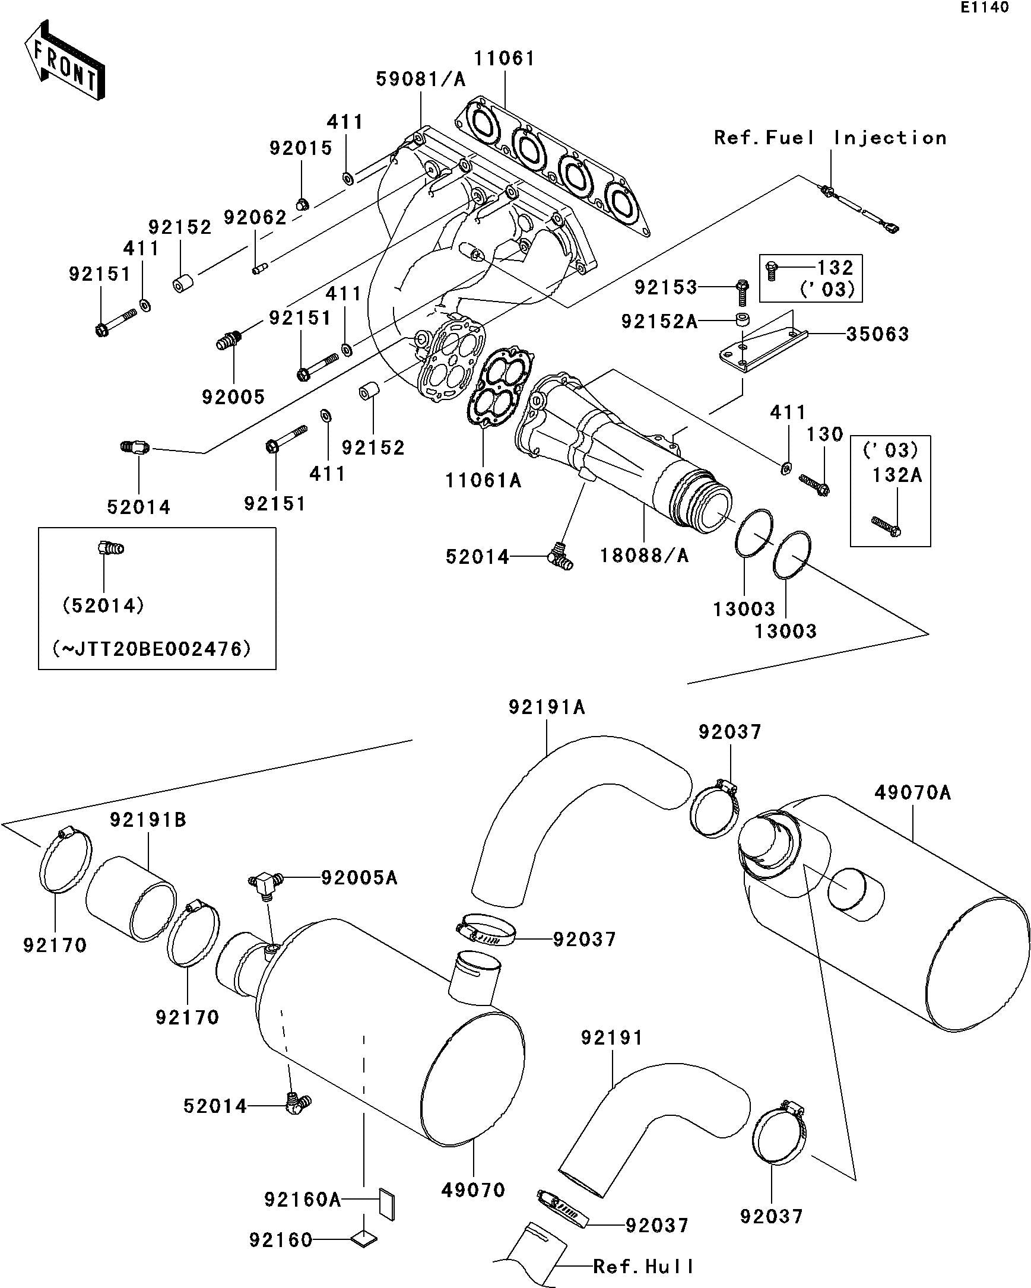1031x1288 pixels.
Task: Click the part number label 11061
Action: point(504,59)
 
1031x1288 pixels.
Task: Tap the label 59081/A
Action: point(420,80)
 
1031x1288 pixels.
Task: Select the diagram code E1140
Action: point(985,8)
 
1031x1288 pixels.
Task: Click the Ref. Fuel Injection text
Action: point(830,138)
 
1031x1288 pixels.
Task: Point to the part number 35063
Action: point(877,334)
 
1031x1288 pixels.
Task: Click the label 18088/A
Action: point(644,556)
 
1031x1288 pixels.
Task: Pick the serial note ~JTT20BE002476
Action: point(153,648)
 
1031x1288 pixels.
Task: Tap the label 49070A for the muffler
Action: point(912,793)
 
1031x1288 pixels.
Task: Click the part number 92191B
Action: point(148,820)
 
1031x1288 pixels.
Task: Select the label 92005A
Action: point(359,878)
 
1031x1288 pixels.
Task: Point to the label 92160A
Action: point(302,1199)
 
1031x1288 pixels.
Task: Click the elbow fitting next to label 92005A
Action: point(263,884)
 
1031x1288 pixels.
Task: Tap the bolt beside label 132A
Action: point(886,525)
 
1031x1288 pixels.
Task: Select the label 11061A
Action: point(483,480)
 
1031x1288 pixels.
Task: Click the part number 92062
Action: point(255,217)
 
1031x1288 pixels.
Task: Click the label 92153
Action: point(665,287)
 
